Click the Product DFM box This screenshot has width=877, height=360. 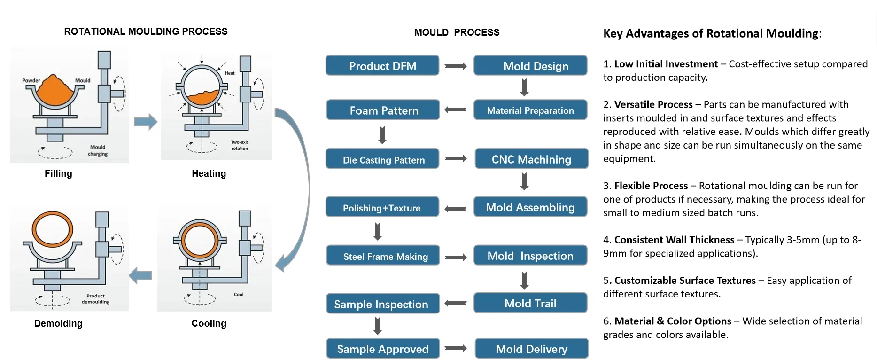click(x=382, y=66)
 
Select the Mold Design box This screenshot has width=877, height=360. click(x=530, y=66)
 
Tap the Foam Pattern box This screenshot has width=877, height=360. click(x=383, y=110)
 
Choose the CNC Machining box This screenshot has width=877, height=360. click(x=531, y=159)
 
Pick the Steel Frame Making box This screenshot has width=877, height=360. click(x=383, y=256)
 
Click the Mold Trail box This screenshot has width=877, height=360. click(x=530, y=304)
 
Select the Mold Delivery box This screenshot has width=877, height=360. click(x=531, y=349)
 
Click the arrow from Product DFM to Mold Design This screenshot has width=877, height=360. click(x=456, y=66)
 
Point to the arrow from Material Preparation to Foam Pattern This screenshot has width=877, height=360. click(x=456, y=110)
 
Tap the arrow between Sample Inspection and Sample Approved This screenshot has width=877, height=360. click(x=378, y=326)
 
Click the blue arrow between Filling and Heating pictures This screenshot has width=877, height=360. click(x=146, y=122)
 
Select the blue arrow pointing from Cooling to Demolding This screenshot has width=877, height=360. click(x=140, y=275)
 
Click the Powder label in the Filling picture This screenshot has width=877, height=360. click(x=31, y=80)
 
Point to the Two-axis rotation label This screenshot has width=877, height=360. click(x=240, y=145)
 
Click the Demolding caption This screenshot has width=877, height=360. click(x=58, y=323)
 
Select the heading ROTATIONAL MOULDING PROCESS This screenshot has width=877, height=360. click(x=146, y=31)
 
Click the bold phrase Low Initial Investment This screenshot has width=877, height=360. click(x=666, y=64)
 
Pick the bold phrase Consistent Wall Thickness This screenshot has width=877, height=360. click(x=674, y=240)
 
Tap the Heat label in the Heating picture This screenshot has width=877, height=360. click(x=230, y=73)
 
